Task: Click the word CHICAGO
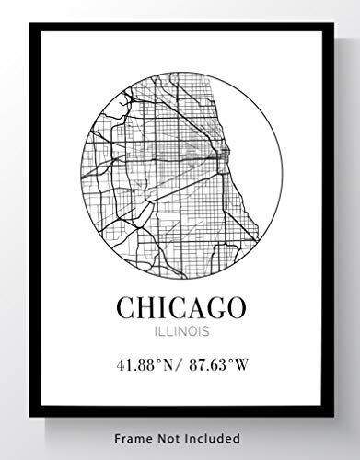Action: click(181, 306)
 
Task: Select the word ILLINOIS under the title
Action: click(181, 329)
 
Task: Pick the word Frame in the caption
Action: click(138, 439)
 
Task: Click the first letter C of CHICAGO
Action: click(126, 306)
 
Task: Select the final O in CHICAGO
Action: click(236, 306)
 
